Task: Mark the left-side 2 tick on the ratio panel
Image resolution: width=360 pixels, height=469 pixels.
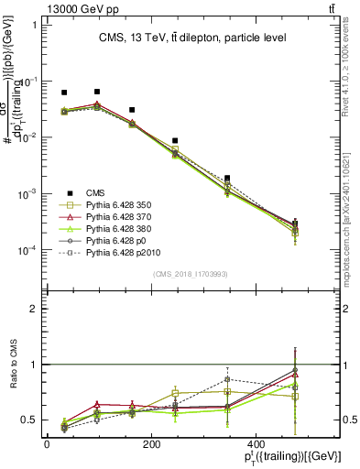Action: (x=33, y=309)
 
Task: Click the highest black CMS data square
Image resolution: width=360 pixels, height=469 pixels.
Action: (x=97, y=92)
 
